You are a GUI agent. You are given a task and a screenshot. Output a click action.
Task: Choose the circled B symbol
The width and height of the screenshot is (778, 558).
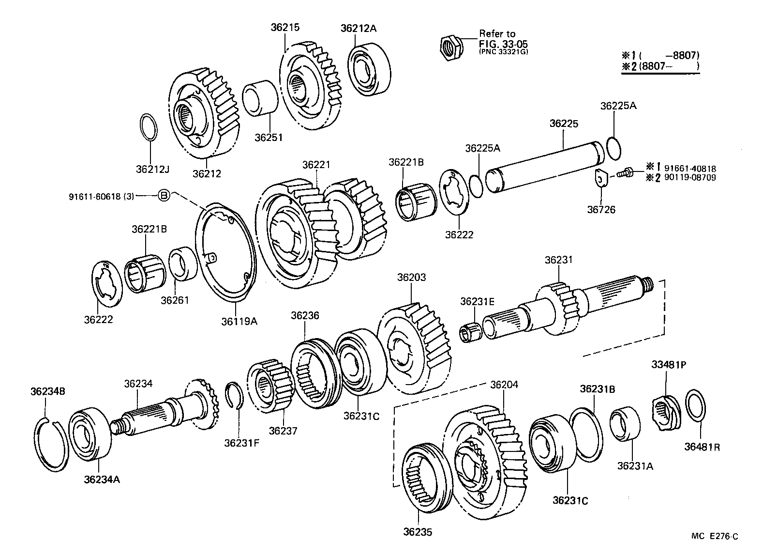pos(164,196)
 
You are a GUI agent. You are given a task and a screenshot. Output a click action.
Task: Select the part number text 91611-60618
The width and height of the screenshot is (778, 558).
pos(95,196)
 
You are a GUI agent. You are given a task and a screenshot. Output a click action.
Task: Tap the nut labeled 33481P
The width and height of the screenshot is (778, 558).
pos(666,412)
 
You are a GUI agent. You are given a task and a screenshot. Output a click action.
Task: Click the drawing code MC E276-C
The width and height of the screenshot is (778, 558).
pos(714,536)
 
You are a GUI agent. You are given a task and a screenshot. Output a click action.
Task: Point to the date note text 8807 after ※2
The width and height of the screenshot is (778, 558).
pos(652,66)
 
